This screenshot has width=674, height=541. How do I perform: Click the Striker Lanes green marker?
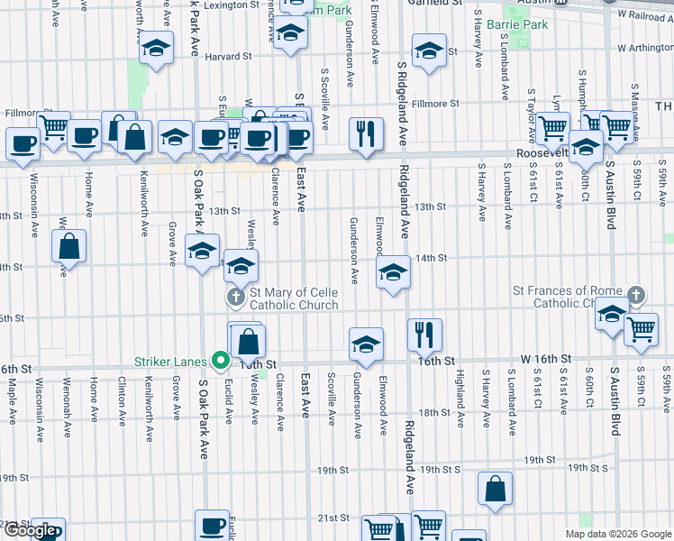coord(218,362)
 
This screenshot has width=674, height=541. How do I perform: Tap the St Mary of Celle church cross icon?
coord(235,297)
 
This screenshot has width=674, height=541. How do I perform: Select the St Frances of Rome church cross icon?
coord(636,296)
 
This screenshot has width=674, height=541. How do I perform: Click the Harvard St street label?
coord(228,56)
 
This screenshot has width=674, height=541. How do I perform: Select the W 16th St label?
coord(547,359)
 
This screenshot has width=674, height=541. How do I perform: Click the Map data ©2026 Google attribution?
coord(618,534)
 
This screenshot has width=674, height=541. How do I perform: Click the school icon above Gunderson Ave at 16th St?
coord(366,344)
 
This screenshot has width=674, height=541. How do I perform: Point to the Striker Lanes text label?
coord(170,362)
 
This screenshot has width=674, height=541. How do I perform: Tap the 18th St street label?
coord(434,412)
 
